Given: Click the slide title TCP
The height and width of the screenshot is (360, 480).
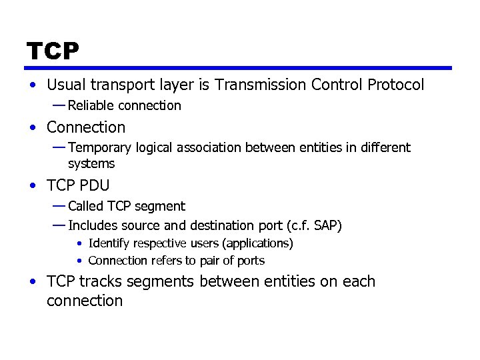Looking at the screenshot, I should [x=53, y=51].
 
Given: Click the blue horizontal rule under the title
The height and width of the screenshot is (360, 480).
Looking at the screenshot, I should [x=239, y=67].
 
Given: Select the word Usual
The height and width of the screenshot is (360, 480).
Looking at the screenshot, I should [x=65, y=85].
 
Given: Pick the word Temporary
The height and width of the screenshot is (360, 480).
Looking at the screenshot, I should [x=99, y=147].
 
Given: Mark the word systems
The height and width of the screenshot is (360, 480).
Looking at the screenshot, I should [x=91, y=163].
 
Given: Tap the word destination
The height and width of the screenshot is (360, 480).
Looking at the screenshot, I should [x=223, y=225].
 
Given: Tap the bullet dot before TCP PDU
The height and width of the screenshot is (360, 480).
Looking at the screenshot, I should [x=33, y=185].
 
